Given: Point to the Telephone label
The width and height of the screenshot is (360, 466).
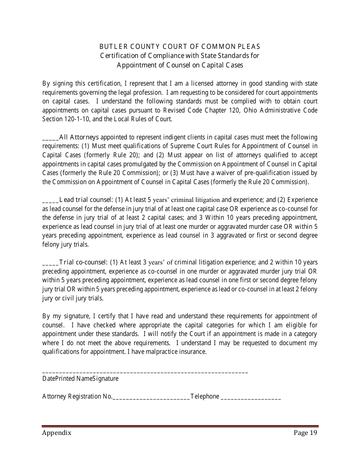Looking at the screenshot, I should coord(205,397).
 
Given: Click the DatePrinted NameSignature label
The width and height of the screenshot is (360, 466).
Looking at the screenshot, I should coord(80,378).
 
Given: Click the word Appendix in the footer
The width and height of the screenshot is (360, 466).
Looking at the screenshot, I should coord(57,433).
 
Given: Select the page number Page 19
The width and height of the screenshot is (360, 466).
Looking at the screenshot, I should coord(305,433).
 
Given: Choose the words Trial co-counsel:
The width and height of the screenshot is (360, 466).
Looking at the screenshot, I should coord(84,262).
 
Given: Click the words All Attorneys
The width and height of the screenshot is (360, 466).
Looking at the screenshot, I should coord(79,137).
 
